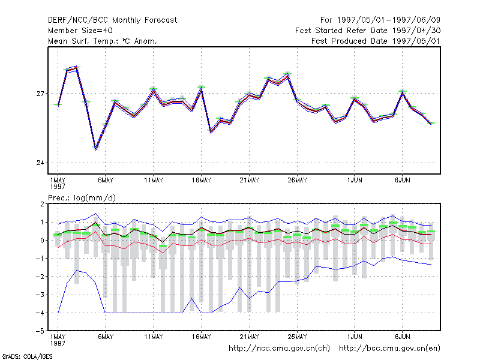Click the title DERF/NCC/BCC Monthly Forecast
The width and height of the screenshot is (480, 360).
[x=112, y=20]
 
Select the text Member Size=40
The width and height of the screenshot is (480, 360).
[x=80, y=31]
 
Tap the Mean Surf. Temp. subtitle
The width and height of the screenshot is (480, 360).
[x=103, y=41]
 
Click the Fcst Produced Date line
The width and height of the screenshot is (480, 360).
[x=376, y=41]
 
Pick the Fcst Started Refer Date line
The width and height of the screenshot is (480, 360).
[x=368, y=31]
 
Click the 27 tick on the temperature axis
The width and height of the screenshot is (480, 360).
[x=40, y=94]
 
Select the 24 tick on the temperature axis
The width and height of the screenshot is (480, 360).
[x=40, y=163]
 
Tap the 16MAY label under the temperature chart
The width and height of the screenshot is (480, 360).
[x=202, y=181]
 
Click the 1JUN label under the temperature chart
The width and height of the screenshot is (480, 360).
[x=355, y=181]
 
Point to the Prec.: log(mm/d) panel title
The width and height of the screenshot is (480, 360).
[x=82, y=198]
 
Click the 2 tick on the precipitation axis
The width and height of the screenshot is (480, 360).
[x=42, y=204]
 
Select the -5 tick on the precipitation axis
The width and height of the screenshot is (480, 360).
[x=40, y=331]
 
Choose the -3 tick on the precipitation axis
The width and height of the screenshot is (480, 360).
[x=40, y=295]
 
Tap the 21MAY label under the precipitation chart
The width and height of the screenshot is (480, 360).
[x=249, y=337]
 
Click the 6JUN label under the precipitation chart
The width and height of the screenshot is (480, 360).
[x=402, y=337]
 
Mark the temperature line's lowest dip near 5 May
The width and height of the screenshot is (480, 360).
[x=96, y=149]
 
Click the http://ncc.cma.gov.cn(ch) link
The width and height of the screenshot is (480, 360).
[x=280, y=349]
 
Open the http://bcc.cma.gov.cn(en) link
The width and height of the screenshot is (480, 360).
[x=389, y=349]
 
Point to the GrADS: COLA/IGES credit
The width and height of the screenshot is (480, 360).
[x=27, y=356]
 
